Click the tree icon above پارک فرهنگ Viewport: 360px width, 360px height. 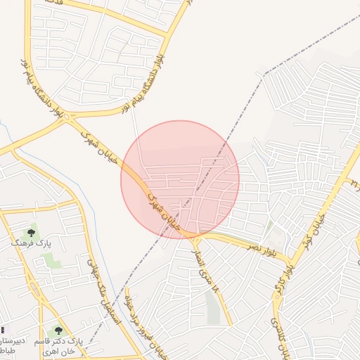click(x=31, y=231)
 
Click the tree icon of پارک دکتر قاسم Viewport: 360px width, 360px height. click(x=59, y=330)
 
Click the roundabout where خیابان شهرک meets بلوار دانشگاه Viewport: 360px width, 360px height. click(x=68, y=119)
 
